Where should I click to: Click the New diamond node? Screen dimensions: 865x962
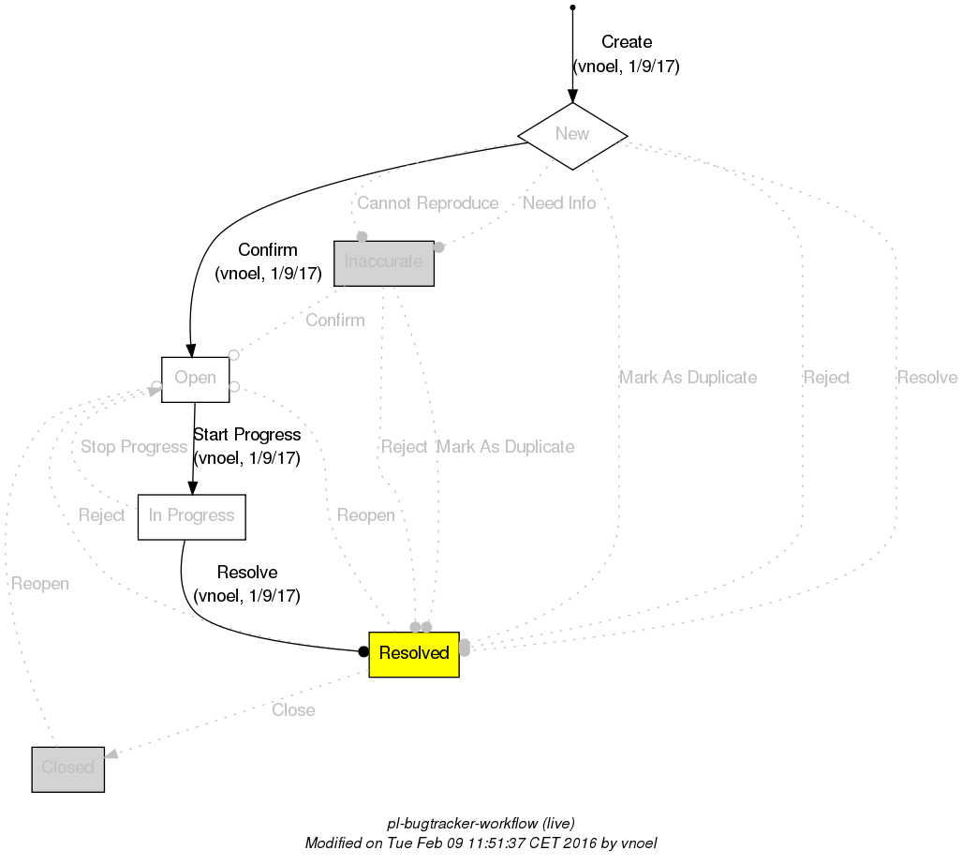click(572, 135)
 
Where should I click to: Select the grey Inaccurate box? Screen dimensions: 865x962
click(383, 261)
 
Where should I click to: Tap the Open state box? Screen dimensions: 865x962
click(195, 379)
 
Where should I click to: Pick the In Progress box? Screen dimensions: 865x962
click(191, 516)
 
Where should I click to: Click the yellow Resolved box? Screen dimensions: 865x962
click(414, 653)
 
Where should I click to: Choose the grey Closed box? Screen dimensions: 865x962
click(67, 768)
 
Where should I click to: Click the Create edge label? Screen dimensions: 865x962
click(626, 43)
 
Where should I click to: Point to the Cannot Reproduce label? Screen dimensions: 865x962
click(427, 203)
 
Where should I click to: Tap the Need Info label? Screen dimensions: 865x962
click(559, 203)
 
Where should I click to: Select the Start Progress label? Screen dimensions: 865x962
click(246, 436)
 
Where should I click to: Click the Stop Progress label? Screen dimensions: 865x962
click(134, 447)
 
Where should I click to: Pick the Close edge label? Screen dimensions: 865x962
click(293, 710)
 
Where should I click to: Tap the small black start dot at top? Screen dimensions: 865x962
click(572, 7)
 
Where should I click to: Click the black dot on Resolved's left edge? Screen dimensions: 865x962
click(363, 652)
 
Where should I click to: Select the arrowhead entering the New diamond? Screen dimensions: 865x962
click(572, 96)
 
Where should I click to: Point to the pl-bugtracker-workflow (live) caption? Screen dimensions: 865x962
click(481, 824)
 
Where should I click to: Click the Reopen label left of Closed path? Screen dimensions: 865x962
click(39, 584)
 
